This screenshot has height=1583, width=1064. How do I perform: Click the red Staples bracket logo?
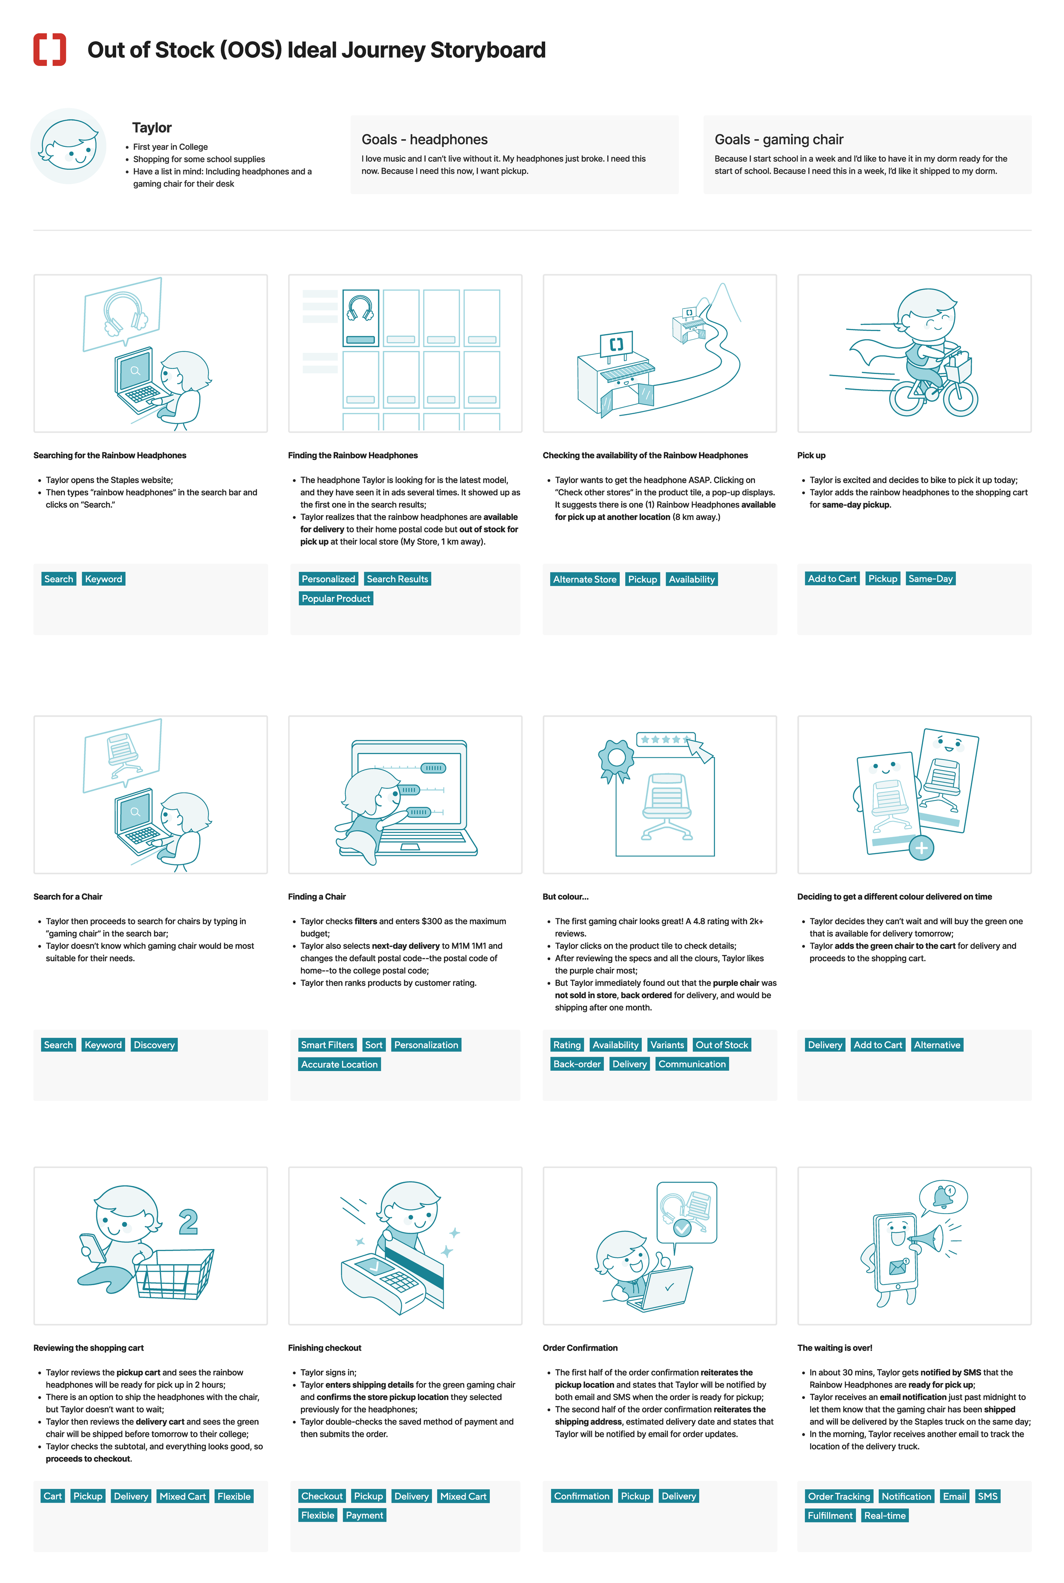(49, 49)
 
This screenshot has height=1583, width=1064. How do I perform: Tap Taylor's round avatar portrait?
(69, 146)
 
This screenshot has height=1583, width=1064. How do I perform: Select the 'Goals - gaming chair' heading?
(778, 140)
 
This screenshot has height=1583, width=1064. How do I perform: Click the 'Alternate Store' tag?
(584, 579)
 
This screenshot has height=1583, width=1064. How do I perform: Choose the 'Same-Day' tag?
(930, 579)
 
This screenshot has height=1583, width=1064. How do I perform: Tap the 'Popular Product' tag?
(336, 598)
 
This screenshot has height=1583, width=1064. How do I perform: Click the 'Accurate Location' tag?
(339, 1064)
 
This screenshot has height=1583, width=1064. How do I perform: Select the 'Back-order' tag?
(577, 1064)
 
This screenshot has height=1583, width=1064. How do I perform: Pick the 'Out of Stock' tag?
(721, 1045)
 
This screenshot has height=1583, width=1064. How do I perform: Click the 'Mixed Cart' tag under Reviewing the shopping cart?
(183, 1496)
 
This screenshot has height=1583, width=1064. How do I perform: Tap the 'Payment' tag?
(364, 1515)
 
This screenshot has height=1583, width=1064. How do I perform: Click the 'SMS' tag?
(987, 1496)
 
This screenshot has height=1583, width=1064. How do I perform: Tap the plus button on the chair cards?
(921, 848)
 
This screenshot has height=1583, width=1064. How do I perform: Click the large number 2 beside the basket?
(189, 1222)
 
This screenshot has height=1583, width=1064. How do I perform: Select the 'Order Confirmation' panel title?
(580, 1348)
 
